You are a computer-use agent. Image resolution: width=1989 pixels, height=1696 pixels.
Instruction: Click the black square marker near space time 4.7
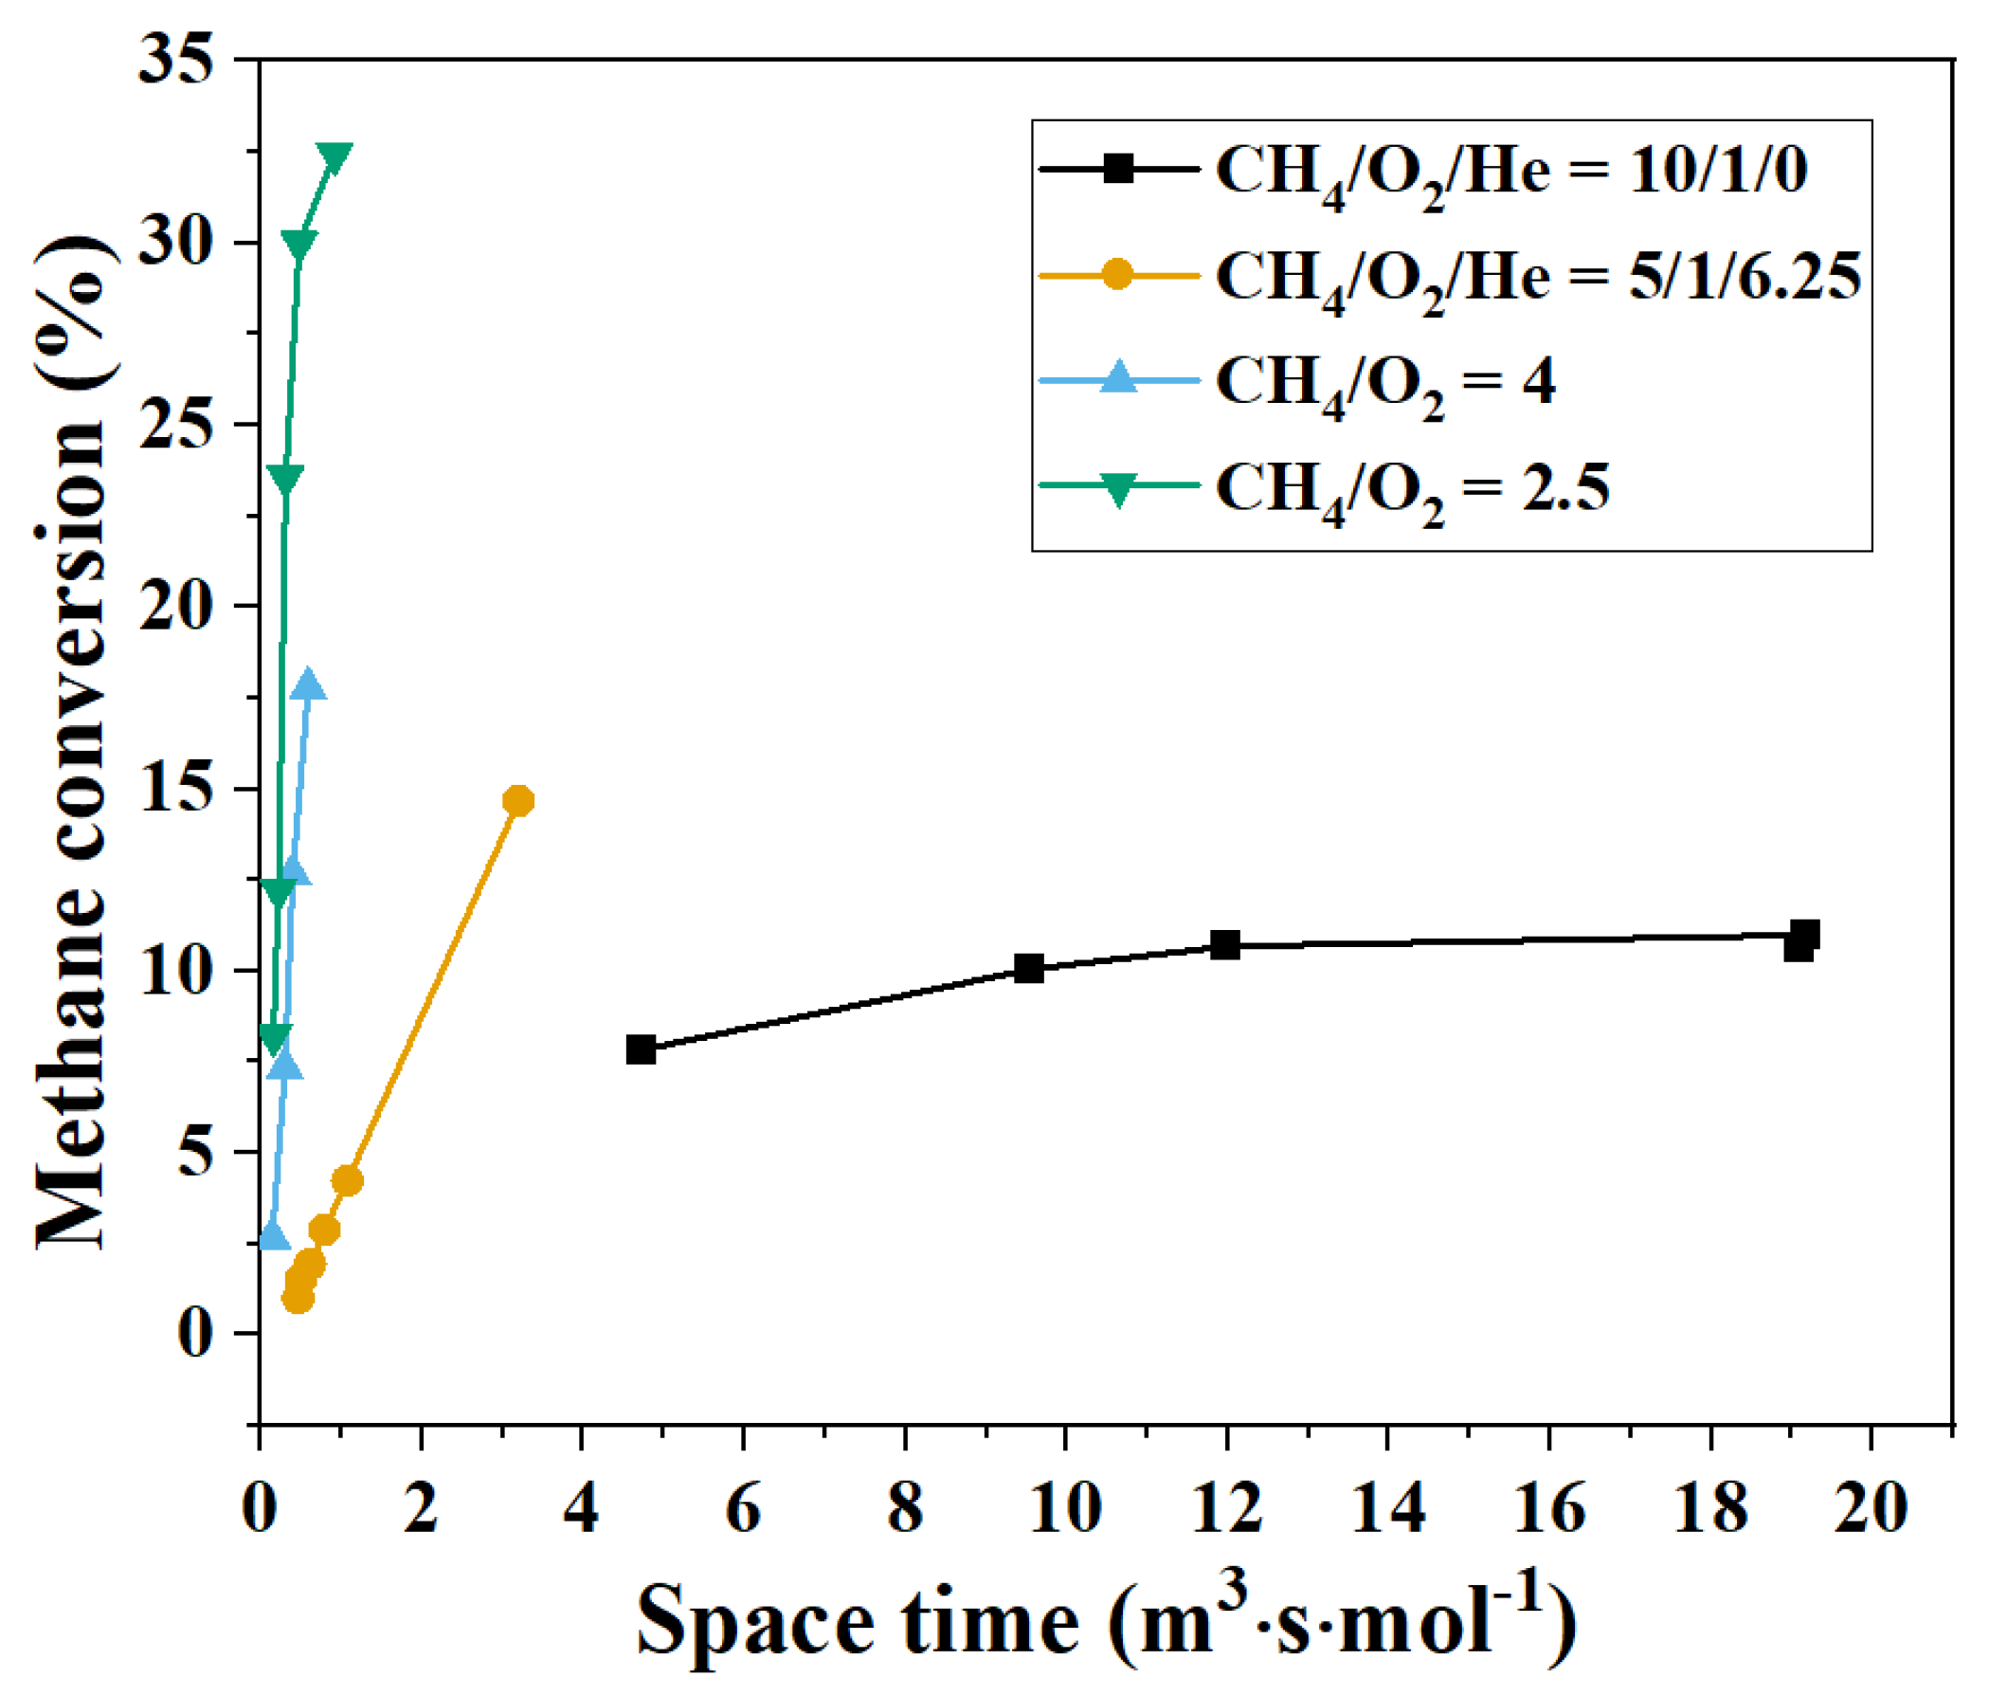(641, 1049)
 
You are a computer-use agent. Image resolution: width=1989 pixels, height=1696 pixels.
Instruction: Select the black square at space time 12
(1225, 945)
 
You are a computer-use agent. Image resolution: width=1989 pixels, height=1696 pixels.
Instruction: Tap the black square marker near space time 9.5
(1029, 968)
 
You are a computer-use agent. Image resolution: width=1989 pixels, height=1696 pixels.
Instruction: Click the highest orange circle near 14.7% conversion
(518, 801)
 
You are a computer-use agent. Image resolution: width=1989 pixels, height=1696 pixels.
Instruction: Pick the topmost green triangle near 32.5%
(335, 156)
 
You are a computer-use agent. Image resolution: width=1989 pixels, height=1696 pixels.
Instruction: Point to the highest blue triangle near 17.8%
(308, 685)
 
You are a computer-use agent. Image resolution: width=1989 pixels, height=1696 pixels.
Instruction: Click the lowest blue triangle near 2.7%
(274, 1236)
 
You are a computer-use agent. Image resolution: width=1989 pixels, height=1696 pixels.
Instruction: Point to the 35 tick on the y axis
(174, 60)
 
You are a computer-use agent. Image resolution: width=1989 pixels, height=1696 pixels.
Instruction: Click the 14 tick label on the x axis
(1387, 1507)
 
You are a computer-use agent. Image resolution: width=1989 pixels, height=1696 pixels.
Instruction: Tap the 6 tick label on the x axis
(743, 1507)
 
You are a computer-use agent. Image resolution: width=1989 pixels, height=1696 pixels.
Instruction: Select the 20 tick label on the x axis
(1870, 1507)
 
